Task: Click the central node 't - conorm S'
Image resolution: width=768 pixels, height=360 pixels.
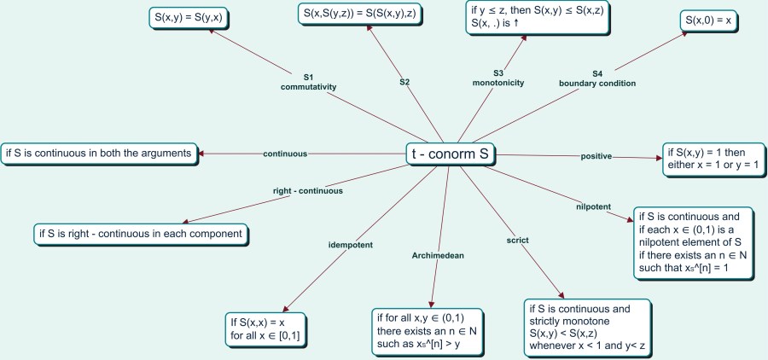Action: pyautogui.click(x=450, y=155)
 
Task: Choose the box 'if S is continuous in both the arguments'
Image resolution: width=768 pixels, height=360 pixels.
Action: pyautogui.click(x=99, y=154)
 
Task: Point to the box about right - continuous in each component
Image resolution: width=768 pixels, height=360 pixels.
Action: pyautogui.click(x=141, y=232)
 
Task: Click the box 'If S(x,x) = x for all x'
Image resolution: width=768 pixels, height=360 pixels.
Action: pyautogui.click(x=265, y=328)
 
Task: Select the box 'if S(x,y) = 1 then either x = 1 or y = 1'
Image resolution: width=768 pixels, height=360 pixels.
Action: pyautogui.click(x=711, y=159)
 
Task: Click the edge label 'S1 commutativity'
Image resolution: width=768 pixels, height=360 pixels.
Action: pyautogui.click(x=308, y=82)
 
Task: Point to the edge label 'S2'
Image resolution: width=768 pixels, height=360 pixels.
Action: pyautogui.click(x=404, y=83)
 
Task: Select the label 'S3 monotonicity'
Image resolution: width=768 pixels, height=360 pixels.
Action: pyautogui.click(x=498, y=78)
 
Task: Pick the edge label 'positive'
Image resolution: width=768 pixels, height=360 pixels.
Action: pyautogui.click(x=597, y=156)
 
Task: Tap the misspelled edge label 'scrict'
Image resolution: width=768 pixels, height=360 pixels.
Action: pyautogui.click(x=519, y=240)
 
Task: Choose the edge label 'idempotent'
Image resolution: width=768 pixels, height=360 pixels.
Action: pyautogui.click(x=350, y=245)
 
